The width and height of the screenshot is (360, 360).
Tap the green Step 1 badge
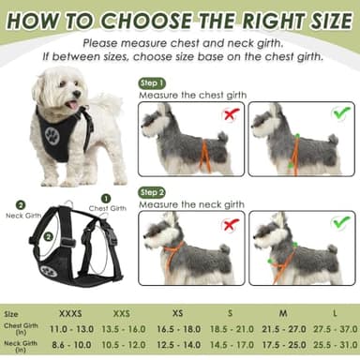tap(154, 82)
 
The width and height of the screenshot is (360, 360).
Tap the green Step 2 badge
tap(154, 191)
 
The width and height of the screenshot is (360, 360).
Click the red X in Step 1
tap(229, 114)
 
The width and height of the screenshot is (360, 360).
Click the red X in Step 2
tap(229, 225)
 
